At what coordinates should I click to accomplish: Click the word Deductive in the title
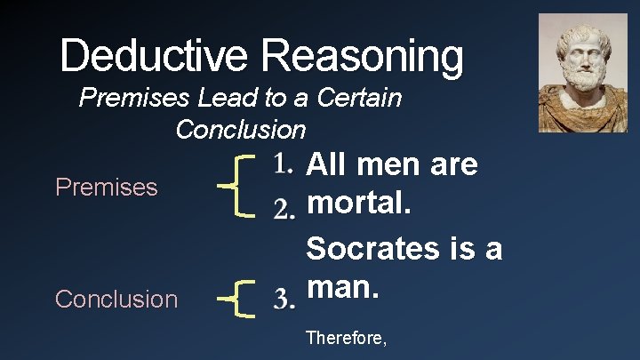(156, 56)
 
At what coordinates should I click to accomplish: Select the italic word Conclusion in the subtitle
(240, 130)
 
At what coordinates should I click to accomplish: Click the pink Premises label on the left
(107, 188)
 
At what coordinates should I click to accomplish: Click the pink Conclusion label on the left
(116, 299)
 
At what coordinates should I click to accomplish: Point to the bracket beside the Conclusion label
(237, 297)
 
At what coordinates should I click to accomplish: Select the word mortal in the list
(354, 204)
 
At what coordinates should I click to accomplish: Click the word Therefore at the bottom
(345, 338)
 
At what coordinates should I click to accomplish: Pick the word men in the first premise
(385, 164)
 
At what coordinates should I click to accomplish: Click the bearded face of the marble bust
(583, 53)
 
